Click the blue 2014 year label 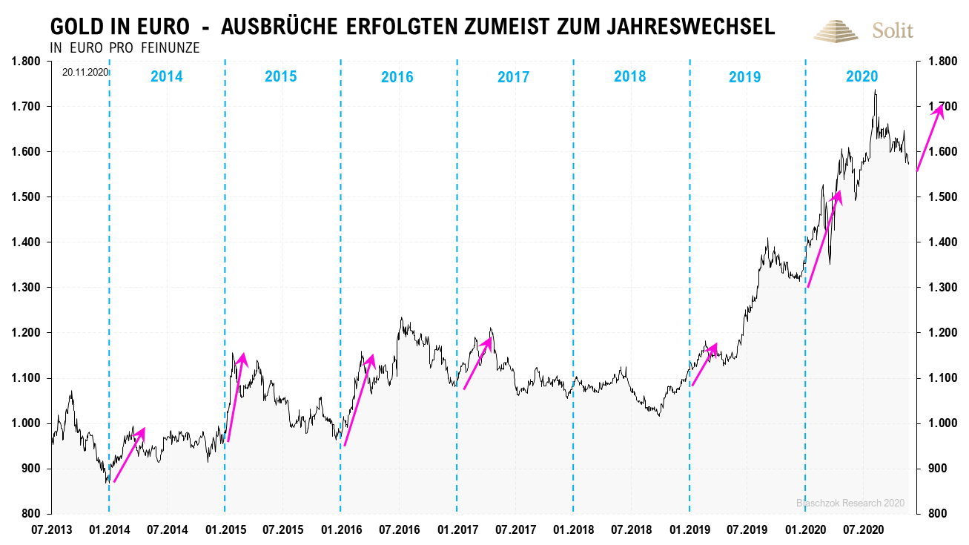tap(166, 76)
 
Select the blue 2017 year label tap(513, 76)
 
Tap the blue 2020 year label tap(861, 76)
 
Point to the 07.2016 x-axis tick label tap(398, 530)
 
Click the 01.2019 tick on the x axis tap(689, 530)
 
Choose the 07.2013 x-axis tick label tap(51, 530)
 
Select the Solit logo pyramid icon tap(837, 30)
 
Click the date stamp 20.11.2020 tap(86, 73)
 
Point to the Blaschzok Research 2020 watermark tap(850, 503)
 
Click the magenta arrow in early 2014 tap(129, 455)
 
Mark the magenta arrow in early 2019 tap(704, 364)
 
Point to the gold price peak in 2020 tap(876, 90)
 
